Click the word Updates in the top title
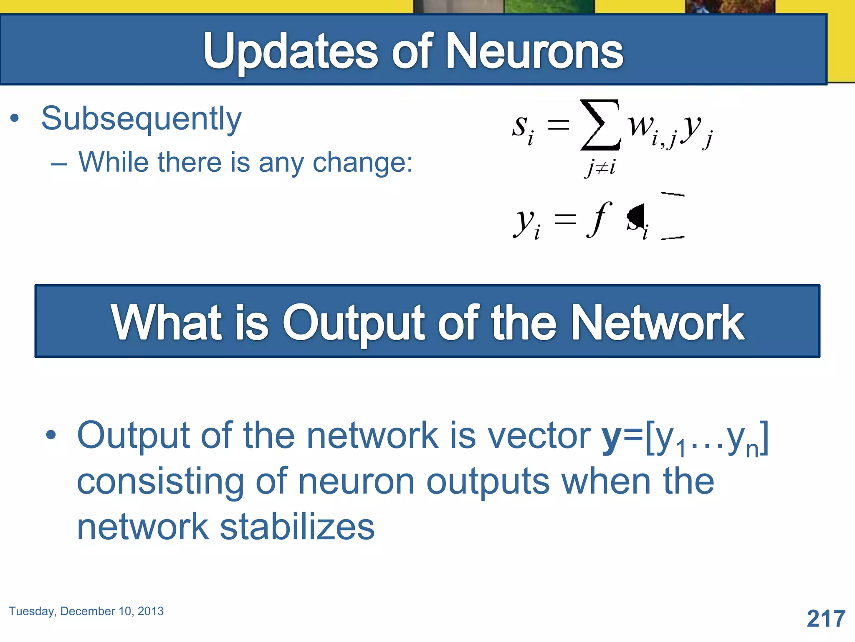tap(291, 52)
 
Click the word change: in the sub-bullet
tap(363, 162)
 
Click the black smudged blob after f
tap(636, 217)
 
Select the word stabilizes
tap(297, 527)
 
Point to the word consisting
tap(160, 482)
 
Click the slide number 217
tap(826, 619)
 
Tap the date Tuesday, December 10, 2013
tap(86, 611)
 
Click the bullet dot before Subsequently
tap(15, 118)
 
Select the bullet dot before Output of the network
tap(51, 435)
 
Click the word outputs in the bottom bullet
tap(488, 482)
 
